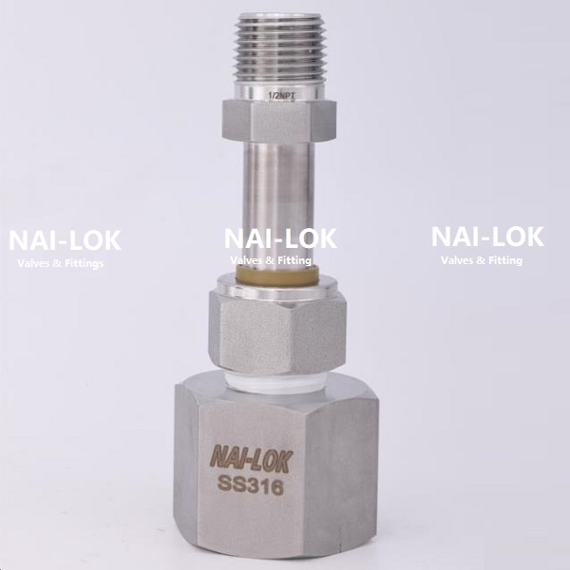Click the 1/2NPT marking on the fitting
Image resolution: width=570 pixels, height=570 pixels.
coord(282,96)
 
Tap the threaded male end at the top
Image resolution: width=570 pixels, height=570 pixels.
coord(278,48)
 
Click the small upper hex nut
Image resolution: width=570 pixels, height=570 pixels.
coord(278,120)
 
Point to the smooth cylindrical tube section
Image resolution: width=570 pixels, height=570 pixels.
coord(278,203)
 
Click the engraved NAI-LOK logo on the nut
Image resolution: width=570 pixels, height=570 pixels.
coord(252,461)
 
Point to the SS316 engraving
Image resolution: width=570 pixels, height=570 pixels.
coord(250,485)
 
